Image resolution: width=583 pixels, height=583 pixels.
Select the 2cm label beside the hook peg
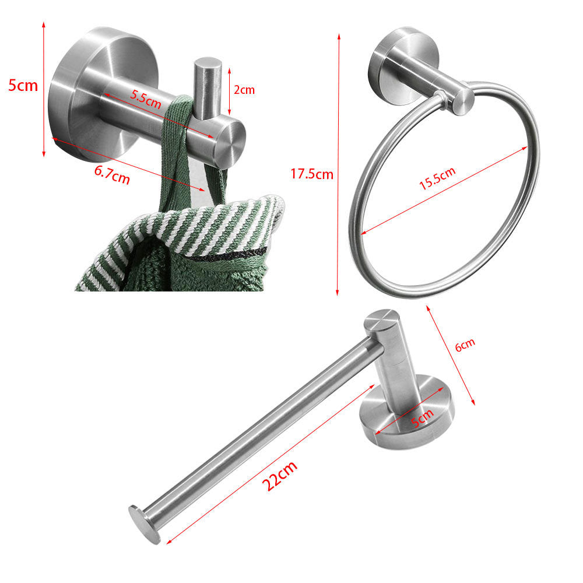point(244,90)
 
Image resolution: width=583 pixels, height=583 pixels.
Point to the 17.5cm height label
point(312,173)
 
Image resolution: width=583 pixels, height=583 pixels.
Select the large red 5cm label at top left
point(23,86)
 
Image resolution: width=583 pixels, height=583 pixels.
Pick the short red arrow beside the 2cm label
point(229,90)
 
